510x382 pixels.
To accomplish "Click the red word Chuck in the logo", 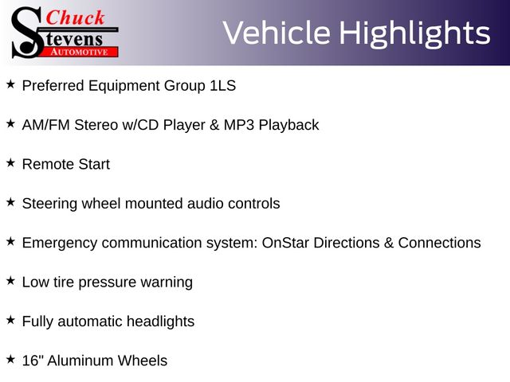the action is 75,18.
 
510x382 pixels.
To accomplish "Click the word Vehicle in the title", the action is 277,33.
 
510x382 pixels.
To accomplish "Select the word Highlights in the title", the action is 415,33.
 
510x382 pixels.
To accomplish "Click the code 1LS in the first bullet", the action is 223,86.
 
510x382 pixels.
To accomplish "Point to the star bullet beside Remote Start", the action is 10,162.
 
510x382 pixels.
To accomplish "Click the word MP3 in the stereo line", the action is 239,125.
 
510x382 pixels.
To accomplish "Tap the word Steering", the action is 49,204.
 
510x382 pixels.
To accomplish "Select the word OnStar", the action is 285,243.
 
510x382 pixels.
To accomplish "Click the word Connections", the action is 439,243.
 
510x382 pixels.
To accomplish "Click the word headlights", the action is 160,322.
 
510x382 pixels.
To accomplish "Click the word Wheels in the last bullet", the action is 142,361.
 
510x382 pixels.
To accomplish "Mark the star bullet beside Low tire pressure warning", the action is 10,281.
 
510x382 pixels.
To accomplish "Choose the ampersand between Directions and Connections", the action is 389,243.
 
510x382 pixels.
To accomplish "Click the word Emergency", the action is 60,244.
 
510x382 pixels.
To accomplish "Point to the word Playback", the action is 288,126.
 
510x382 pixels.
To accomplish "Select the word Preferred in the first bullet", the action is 53,86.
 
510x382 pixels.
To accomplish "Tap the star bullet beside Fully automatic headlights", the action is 10,320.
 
